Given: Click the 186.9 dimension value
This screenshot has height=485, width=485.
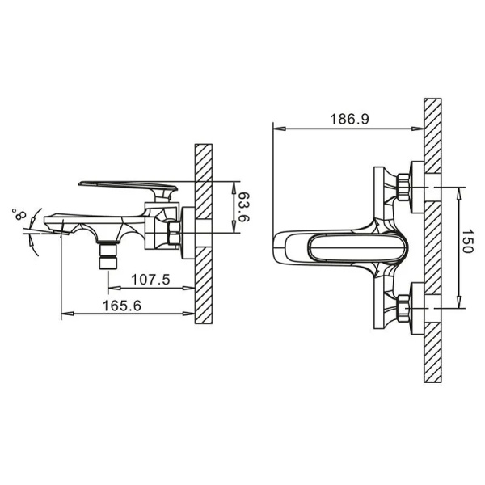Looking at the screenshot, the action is [x=349, y=119].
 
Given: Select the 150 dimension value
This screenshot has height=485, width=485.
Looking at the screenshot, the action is [x=467, y=241].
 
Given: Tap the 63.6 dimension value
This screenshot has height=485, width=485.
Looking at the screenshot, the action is [x=244, y=207].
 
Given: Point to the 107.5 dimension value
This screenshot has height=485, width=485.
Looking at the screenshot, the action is [x=150, y=280].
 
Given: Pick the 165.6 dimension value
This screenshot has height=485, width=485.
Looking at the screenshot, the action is [x=121, y=306].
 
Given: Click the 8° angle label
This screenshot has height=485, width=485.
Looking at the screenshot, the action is [x=19, y=213].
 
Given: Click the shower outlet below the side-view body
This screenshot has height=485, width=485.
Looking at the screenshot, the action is [x=108, y=255].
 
